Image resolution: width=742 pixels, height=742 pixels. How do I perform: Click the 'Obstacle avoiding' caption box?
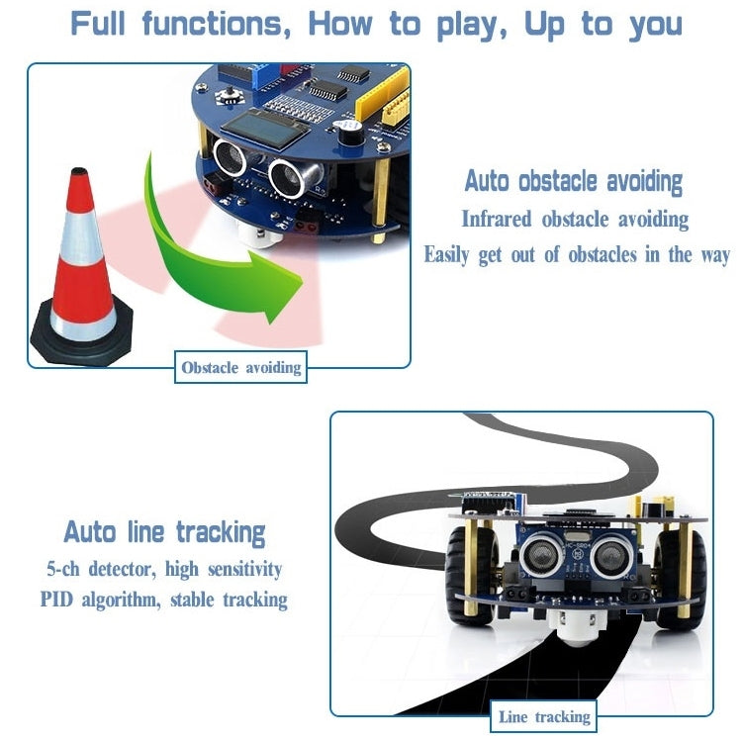(240, 368)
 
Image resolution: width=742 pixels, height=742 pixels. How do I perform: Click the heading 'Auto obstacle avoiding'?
(574, 182)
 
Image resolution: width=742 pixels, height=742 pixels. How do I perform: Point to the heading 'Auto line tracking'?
(165, 532)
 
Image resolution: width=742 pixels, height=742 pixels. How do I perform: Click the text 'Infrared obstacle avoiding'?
(575, 219)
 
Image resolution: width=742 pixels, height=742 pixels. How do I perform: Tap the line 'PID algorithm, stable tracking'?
(164, 600)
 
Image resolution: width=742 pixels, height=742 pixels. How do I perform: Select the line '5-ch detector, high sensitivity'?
(164, 569)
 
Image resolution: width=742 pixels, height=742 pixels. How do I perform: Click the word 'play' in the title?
(469, 24)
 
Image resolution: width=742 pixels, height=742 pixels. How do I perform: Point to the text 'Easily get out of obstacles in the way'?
(577, 255)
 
